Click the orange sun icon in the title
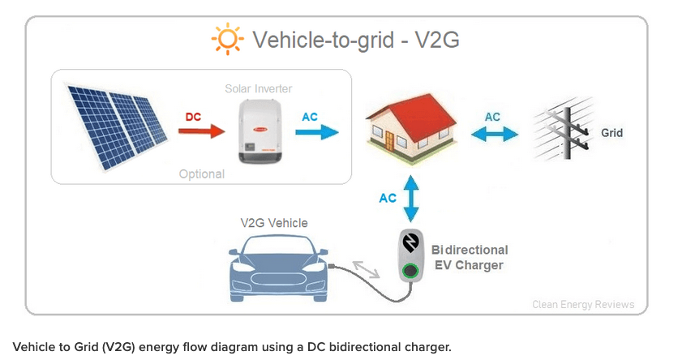(226, 38)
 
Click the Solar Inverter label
(258, 88)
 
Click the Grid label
(611, 132)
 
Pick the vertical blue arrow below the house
(410, 198)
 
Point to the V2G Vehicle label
(274, 222)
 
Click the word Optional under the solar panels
(201, 174)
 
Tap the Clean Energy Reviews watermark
(583, 305)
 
